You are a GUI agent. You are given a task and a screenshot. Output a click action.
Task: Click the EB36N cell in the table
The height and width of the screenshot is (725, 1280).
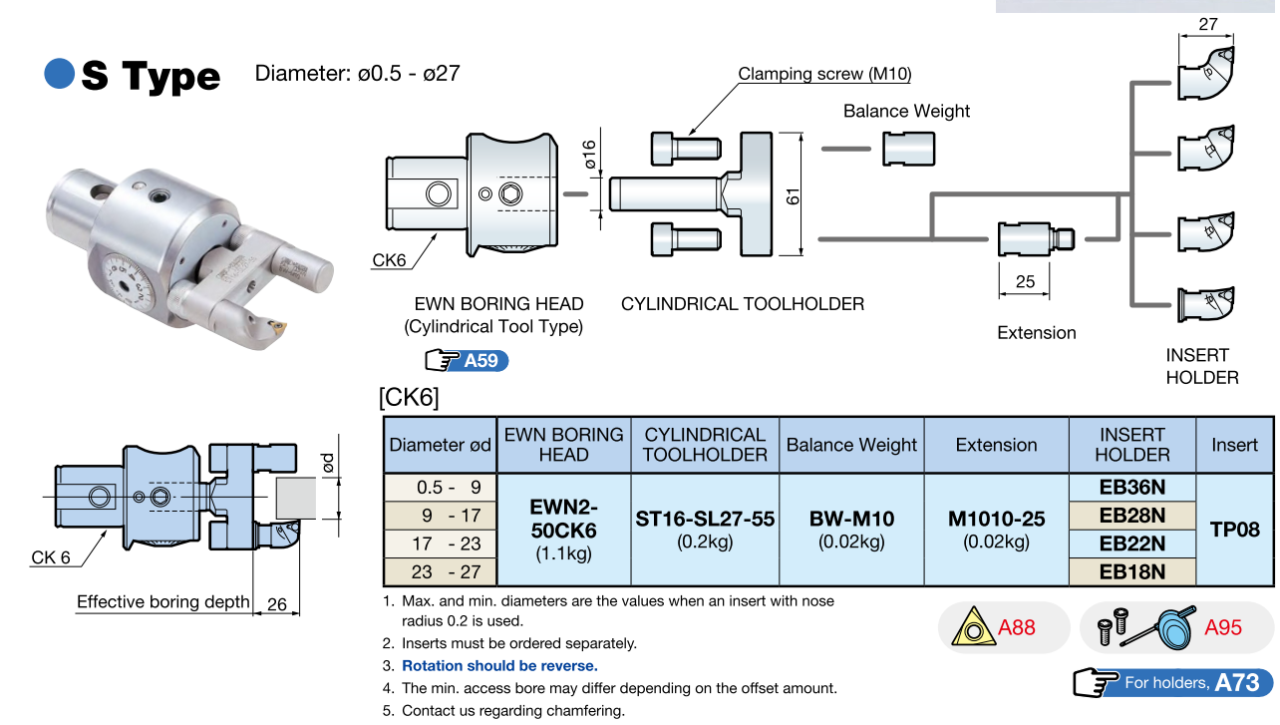coord(1131,488)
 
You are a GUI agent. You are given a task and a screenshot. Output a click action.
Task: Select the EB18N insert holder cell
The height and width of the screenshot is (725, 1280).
coord(1131,571)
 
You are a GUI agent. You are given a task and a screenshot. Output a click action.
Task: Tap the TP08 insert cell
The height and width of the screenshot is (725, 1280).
coord(1235,530)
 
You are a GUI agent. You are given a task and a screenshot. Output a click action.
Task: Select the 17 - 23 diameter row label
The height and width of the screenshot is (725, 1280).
coord(440,544)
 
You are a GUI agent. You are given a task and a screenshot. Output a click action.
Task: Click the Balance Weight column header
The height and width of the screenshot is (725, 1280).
coord(851,445)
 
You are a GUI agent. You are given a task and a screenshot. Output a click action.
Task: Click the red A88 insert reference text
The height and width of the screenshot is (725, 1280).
coord(1017,627)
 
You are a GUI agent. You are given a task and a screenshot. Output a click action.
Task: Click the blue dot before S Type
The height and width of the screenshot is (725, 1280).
coord(60,74)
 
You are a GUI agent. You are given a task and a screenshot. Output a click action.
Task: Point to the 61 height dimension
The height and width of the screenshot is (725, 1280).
coord(793,195)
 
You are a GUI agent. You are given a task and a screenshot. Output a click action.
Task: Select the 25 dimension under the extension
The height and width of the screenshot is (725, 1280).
coord(1025,282)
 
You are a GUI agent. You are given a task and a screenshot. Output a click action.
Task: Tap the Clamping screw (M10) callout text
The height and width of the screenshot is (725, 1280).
coord(824,74)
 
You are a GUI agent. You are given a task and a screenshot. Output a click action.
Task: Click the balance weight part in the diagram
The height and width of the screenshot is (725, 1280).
coord(908,149)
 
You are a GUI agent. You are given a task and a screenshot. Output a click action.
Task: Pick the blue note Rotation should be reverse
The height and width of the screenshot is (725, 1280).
coord(499,665)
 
